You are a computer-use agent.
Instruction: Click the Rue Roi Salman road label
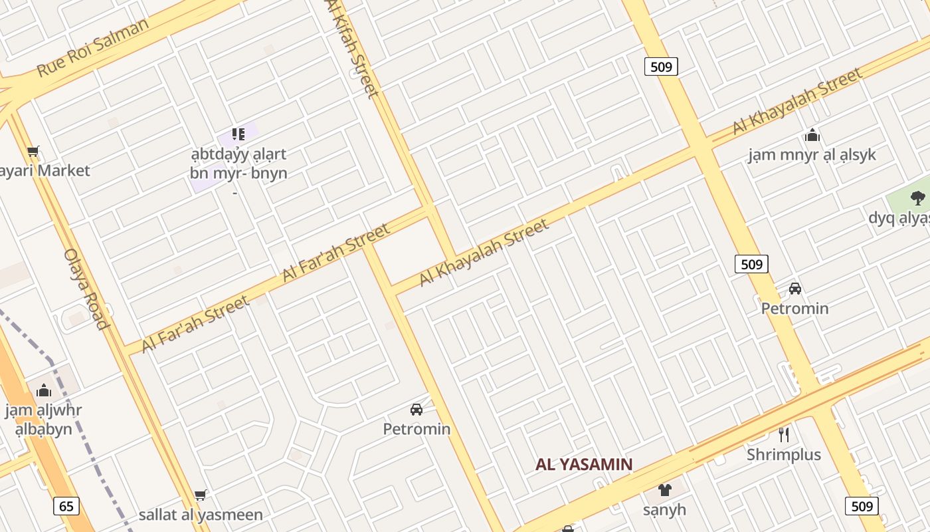pos(93,47)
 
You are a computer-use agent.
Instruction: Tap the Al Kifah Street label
pos(353,48)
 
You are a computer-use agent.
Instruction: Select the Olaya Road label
pos(86,289)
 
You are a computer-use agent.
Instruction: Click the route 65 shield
pos(66,506)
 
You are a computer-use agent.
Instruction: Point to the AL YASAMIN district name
pos(584,464)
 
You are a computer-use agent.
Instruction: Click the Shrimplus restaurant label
pos(784,455)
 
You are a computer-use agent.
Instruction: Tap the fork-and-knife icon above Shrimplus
pos(784,435)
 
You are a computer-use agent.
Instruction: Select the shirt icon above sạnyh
pos(664,491)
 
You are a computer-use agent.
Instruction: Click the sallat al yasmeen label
pos(201,515)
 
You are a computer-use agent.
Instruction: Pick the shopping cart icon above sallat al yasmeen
pos(200,495)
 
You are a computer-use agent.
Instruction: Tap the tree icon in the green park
pos(918,198)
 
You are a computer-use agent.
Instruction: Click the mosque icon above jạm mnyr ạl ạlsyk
pos(812,136)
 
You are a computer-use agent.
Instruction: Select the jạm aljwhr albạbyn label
pos(44,419)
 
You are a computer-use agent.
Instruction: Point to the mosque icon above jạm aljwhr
pos(44,390)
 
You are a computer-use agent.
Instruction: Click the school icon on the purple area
pos(238,134)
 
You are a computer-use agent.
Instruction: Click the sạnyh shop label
pos(664,510)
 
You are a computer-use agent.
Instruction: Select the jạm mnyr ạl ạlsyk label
pos(812,155)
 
